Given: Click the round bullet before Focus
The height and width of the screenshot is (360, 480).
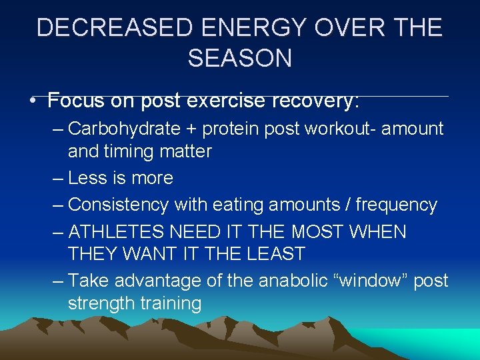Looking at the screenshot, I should coord(32,102).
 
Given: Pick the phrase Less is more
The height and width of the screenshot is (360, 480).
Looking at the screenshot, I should coord(121,178).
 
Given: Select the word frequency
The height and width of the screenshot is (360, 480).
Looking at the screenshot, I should coord(396,205).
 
